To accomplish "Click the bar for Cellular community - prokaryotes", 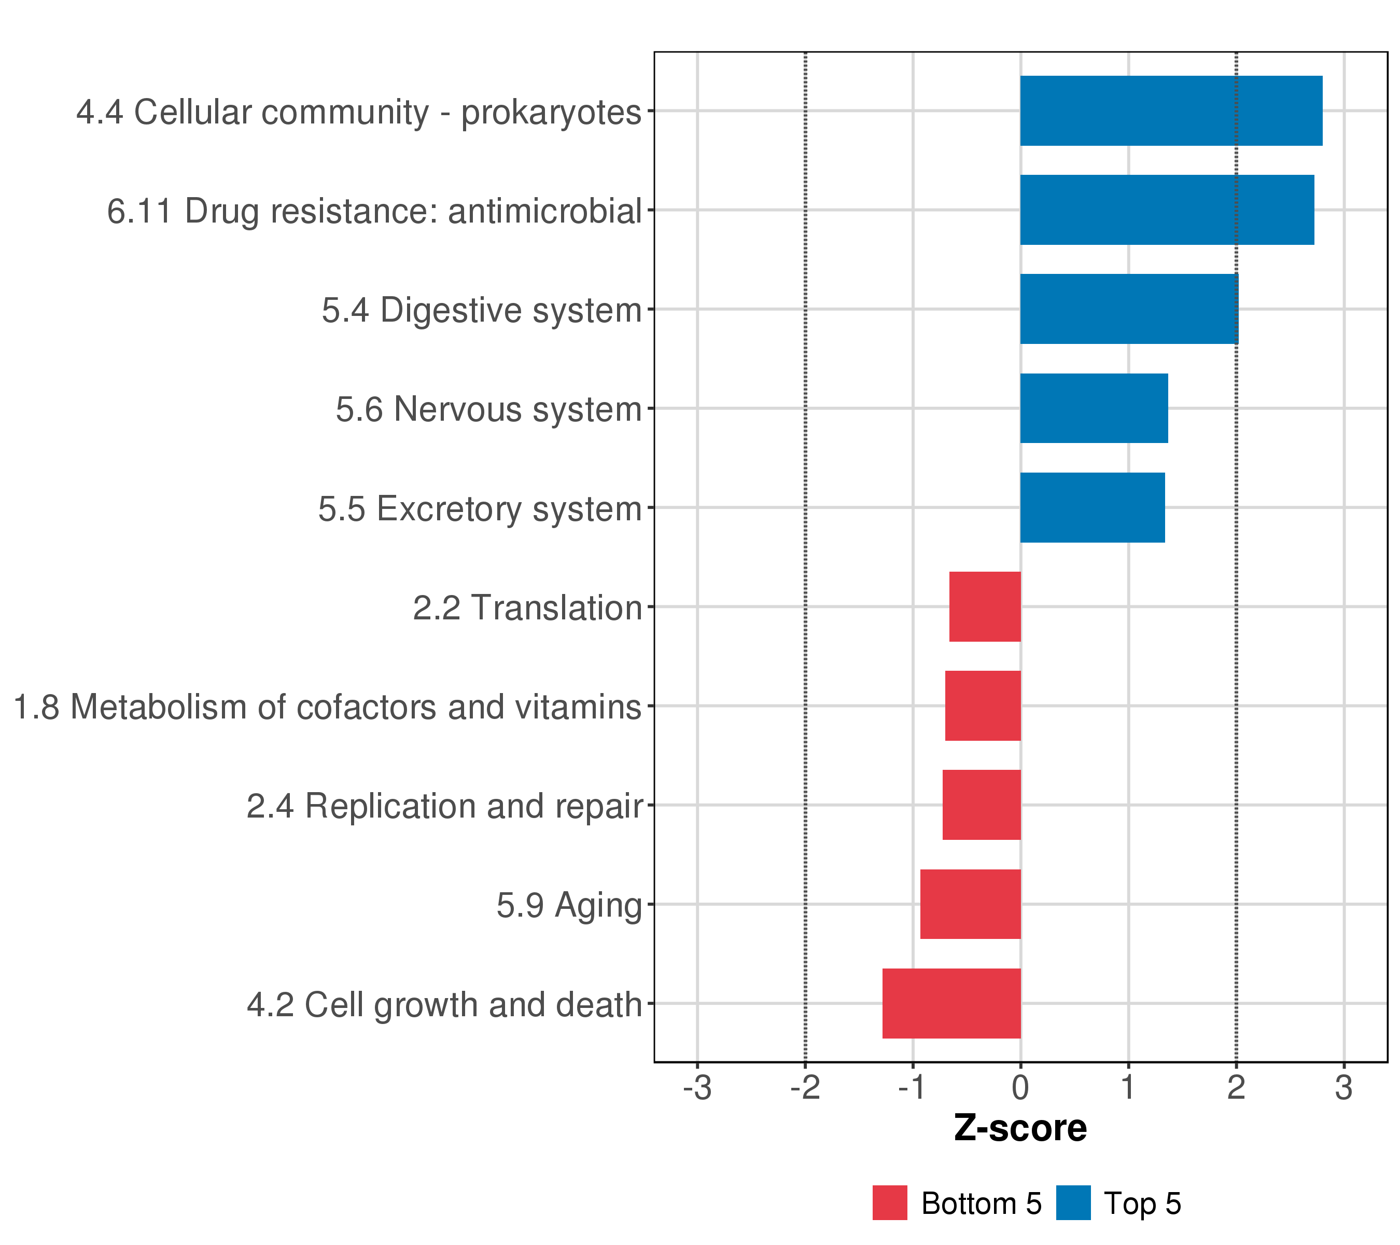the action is pyautogui.click(x=1171, y=111).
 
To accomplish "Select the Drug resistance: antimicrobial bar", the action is pyautogui.click(x=1167, y=210).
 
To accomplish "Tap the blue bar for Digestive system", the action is pyautogui.click(x=1129, y=309).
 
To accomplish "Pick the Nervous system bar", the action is pyautogui.click(x=1095, y=408).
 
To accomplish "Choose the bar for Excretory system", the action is pyautogui.click(x=1093, y=508).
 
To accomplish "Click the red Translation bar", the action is pyautogui.click(x=985, y=606).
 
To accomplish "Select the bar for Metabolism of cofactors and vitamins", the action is pyautogui.click(x=983, y=706).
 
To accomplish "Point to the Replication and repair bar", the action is pyautogui.click(x=982, y=805).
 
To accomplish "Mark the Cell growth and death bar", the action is pyautogui.click(x=951, y=1003).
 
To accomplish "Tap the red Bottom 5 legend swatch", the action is pyautogui.click(x=890, y=1203).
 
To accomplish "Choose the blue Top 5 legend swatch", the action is pyautogui.click(x=1073, y=1203).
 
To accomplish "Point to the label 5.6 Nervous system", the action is pyautogui.click(x=489, y=410).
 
